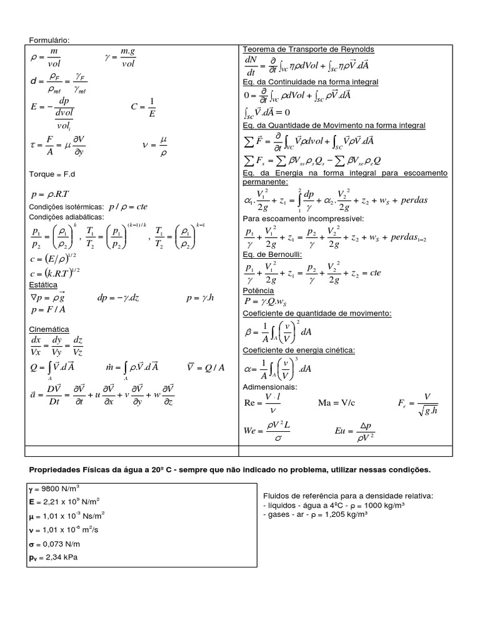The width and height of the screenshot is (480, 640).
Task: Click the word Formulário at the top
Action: (x=50, y=40)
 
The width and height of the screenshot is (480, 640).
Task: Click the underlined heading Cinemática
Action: (x=49, y=329)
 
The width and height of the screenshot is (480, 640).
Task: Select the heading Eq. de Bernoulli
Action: (x=272, y=255)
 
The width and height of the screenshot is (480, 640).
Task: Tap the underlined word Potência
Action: (x=258, y=291)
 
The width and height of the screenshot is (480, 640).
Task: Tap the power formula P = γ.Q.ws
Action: (x=270, y=302)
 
